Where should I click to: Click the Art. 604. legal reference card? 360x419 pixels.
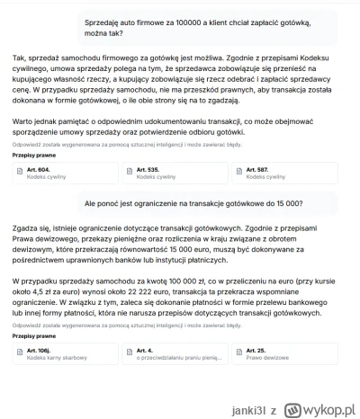63,174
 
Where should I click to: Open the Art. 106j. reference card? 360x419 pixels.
63,353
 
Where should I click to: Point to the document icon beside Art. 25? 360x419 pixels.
241,349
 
